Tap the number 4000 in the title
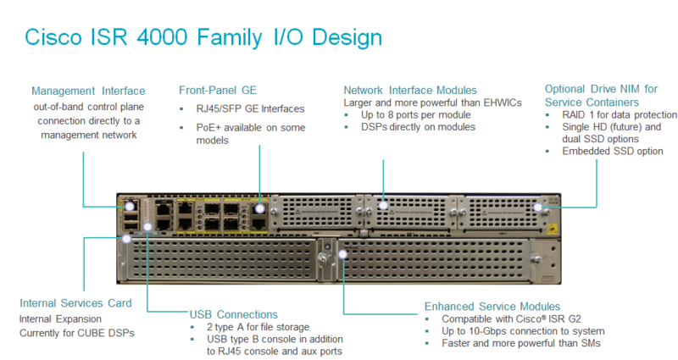(163, 37)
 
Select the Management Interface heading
(88, 91)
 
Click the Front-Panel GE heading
(218, 91)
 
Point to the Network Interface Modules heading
(410, 91)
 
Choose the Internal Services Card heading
(75, 303)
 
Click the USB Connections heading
(234, 314)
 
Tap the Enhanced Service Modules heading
(492, 307)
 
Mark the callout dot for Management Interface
(130, 207)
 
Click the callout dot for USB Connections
(147, 226)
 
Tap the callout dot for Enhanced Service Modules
(343, 254)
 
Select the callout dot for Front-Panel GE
(259, 208)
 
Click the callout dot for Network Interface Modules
(383, 205)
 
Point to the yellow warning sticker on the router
(553, 229)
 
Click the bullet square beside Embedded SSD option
(547, 152)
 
